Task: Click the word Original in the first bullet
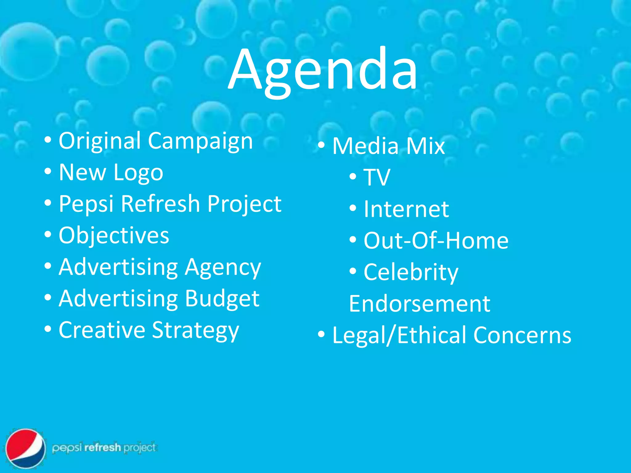pos(100,141)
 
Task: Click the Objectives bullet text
pos(114,236)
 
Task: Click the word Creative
pos(102,330)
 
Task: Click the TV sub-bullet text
pos(377,178)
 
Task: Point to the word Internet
pos(406,209)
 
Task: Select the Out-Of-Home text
pos(436,241)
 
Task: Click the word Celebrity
pos(411,273)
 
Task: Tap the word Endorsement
pos(419,304)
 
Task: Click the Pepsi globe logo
pos(26,448)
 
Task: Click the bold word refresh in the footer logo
pos(102,447)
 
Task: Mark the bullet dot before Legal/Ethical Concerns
pos(321,334)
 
